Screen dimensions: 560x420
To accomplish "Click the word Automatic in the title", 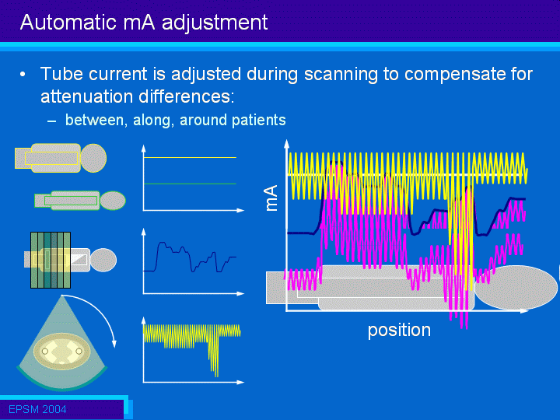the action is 68,22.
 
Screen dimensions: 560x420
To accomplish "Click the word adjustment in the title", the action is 215,23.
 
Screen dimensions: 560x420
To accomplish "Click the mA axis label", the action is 271,198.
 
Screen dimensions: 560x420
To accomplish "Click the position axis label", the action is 399,331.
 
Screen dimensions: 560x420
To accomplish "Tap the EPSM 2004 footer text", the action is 37,409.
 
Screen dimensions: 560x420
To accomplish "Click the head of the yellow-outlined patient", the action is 93,158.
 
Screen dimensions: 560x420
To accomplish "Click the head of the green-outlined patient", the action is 113,201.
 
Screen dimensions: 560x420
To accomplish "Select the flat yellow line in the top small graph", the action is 190,157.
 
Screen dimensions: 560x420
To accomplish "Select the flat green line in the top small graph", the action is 190,184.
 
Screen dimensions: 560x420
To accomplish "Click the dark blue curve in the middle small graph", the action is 189,257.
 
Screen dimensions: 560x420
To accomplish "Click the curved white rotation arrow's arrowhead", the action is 114,344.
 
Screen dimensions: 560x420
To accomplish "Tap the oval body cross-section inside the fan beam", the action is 61,352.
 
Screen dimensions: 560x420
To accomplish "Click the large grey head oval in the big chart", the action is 516,288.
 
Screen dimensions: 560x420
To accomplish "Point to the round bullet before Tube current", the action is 23,75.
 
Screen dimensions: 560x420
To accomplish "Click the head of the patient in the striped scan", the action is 103,260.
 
